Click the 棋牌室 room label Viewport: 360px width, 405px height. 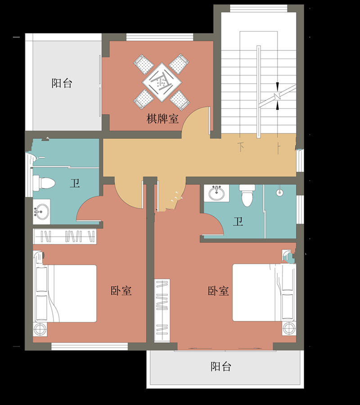[x=162, y=119]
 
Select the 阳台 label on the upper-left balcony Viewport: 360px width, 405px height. [x=62, y=83]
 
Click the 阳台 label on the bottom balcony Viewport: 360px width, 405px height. [x=221, y=366]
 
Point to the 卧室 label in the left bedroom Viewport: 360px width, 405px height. [x=121, y=291]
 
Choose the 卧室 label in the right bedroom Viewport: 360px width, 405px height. [x=218, y=291]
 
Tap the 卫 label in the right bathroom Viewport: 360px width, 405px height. [x=238, y=221]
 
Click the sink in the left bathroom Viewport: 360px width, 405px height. [x=42, y=211]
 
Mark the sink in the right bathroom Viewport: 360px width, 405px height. [x=217, y=193]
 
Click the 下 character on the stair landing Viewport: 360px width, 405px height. [x=242, y=147]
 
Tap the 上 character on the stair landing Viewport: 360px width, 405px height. [x=279, y=147]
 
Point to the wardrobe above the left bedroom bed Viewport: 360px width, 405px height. [x=66, y=236]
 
